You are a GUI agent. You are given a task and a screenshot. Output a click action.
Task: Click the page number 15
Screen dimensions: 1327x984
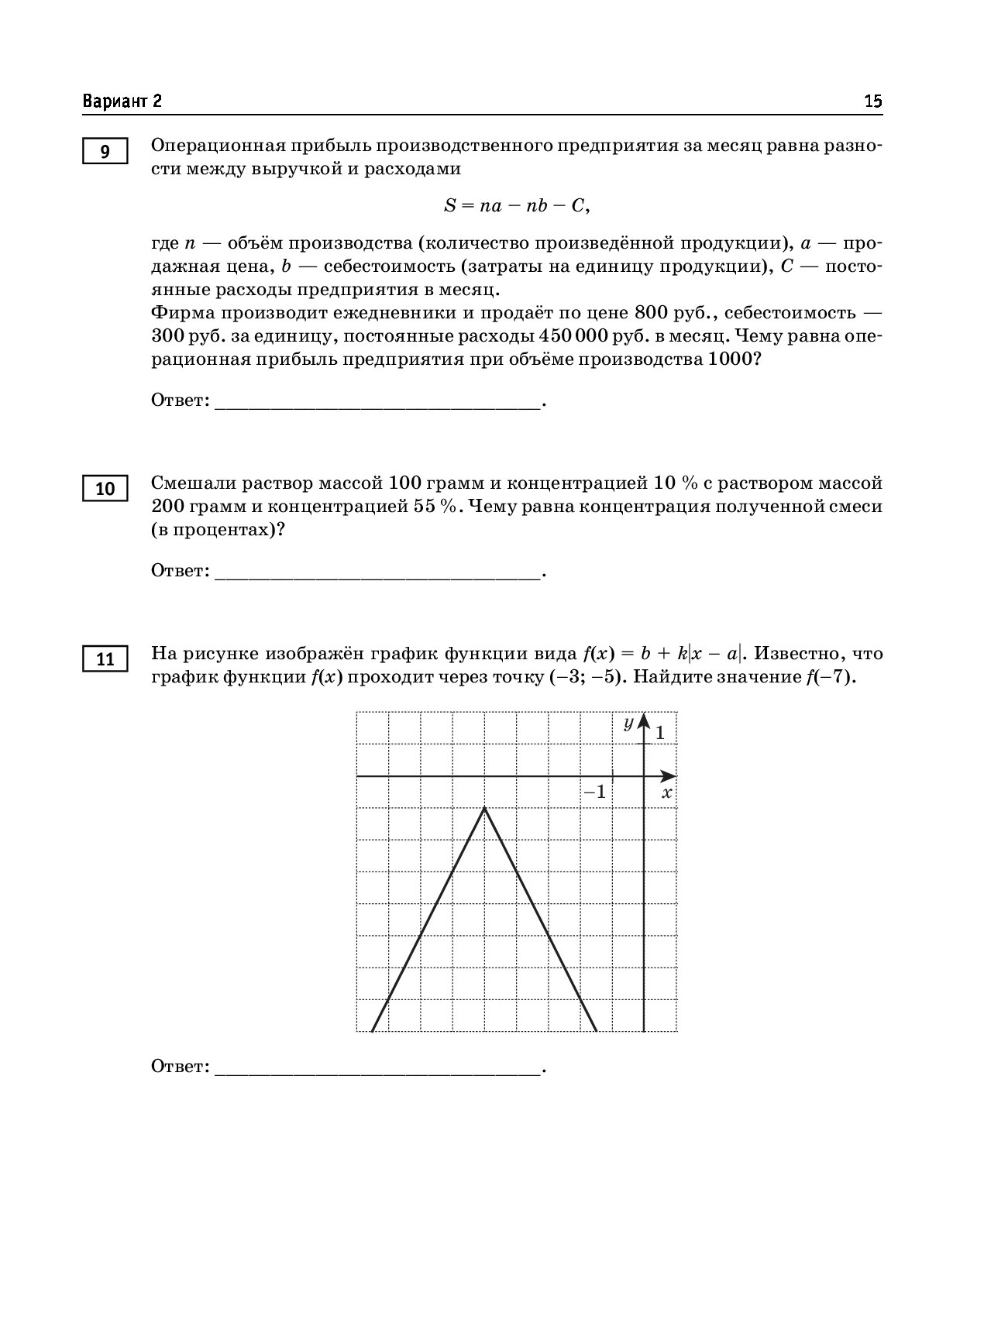pos(872,101)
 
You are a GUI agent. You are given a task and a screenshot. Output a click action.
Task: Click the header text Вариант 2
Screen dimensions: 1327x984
pos(122,101)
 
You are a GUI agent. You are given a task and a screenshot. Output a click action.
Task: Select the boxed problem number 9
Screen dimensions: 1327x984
pos(105,151)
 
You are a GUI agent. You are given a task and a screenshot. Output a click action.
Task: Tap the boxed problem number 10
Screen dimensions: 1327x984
pos(105,489)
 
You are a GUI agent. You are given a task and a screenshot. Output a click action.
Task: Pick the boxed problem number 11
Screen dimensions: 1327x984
pos(105,659)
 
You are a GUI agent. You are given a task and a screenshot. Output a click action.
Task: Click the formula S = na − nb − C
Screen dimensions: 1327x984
pos(517,205)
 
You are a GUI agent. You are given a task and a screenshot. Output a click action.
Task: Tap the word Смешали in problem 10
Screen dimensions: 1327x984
pos(193,483)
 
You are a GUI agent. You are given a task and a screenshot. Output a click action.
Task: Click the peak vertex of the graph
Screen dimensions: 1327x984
pos(485,808)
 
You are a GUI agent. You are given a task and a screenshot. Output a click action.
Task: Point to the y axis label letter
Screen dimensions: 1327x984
pos(629,722)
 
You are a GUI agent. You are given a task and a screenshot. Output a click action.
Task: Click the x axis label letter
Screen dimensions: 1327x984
pos(666,792)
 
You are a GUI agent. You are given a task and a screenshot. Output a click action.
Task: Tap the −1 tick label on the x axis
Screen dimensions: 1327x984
pos(595,792)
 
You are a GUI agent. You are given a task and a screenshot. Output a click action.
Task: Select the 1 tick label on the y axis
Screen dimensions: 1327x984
pos(660,732)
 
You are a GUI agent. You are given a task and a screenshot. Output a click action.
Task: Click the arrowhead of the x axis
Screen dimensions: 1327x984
pos(669,776)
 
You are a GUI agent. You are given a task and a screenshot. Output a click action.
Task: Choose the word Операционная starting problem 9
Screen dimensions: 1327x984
pos(215,146)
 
